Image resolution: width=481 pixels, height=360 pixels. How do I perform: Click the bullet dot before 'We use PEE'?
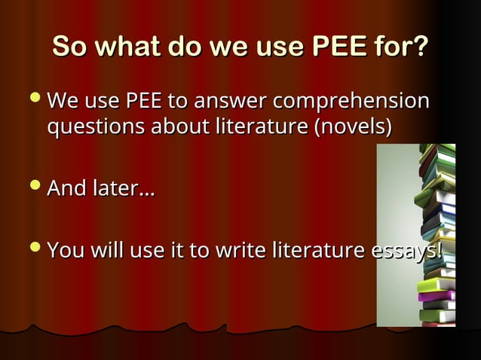click(35, 100)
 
